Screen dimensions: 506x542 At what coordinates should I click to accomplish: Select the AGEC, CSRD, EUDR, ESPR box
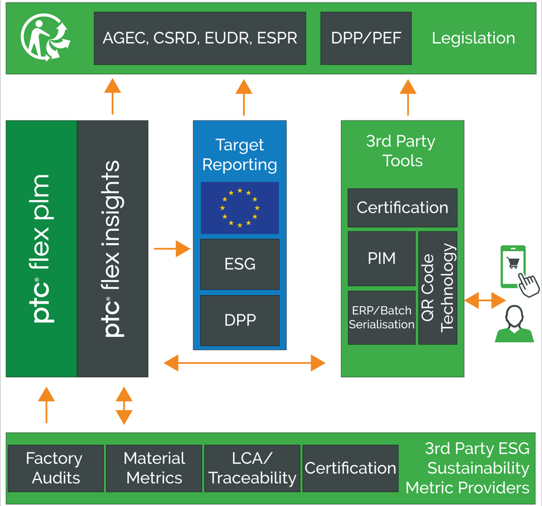coord(200,39)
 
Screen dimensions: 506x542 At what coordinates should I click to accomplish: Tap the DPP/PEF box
coord(366,39)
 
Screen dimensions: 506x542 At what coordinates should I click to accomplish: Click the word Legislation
coord(473,39)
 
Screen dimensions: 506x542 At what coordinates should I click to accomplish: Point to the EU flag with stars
coord(240,208)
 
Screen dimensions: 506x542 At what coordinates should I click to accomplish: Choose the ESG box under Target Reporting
coord(240,264)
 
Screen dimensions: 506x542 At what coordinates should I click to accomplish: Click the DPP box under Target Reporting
coord(240,320)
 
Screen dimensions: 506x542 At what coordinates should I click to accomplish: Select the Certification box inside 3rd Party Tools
coord(402,208)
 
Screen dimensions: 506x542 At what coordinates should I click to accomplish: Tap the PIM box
coord(382,258)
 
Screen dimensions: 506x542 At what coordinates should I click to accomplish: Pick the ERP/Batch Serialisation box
coord(382,317)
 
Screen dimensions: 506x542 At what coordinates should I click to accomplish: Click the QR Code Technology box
coord(438,288)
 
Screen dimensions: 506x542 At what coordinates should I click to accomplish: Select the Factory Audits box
coord(54,468)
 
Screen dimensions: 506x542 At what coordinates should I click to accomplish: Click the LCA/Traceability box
coord(252,468)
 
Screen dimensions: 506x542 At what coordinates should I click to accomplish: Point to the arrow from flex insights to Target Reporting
coord(172,248)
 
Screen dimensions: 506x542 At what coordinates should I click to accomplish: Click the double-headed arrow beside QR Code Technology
coord(484,299)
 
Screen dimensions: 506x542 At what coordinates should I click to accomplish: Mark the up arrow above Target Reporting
coord(244,96)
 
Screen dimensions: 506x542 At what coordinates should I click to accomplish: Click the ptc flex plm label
coord(42,249)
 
